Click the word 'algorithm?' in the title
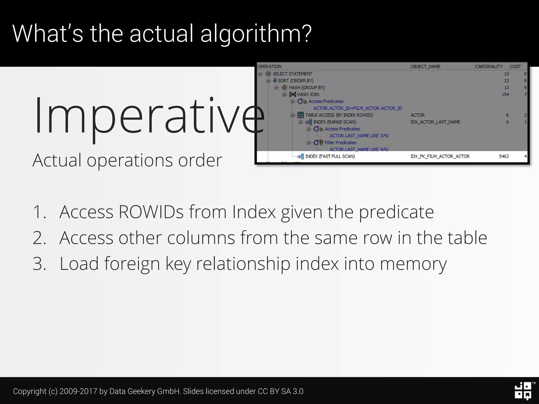coord(256,34)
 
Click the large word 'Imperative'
coord(149,116)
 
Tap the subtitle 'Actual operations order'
coord(127,160)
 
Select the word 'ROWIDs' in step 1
coord(151,212)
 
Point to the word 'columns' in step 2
coord(201,238)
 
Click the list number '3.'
coord(39,264)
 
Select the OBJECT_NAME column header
coord(426,67)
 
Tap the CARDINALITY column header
coord(489,67)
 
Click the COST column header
coord(515,67)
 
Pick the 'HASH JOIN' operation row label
coord(308,94)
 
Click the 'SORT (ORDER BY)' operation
coord(295,81)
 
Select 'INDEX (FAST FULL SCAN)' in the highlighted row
coord(330,156)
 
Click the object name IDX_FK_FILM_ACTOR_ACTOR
coord(440,156)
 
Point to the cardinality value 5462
coord(504,156)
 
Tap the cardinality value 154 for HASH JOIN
coord(505,94)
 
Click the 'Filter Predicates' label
coord(340,143)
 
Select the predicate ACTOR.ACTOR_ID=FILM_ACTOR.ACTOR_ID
coord(358,108)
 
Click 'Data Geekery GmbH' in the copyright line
coord(144,391)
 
